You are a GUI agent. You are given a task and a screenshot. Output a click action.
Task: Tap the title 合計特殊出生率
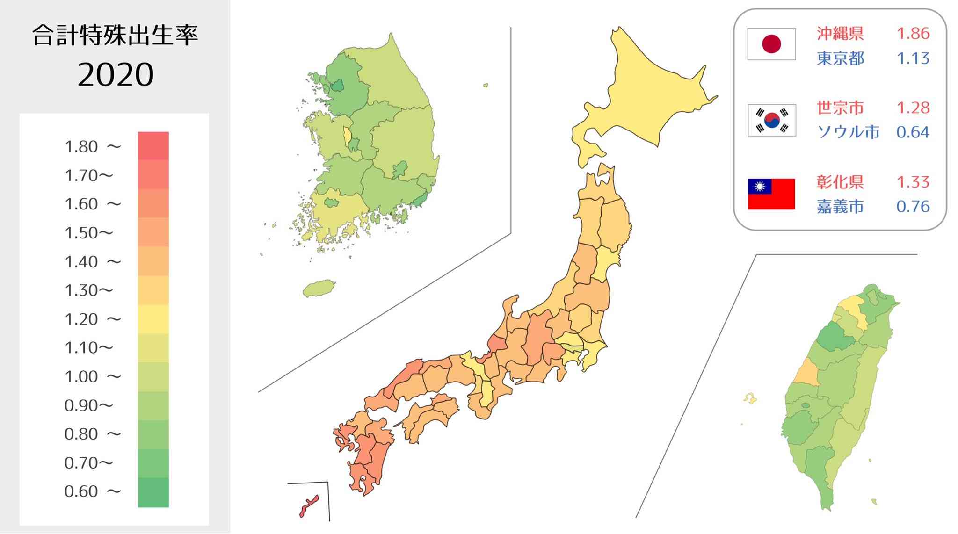pyautogui.click(x=115, y=36)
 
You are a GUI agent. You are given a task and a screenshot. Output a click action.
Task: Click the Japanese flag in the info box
pyautogui.click(x=771, y=44)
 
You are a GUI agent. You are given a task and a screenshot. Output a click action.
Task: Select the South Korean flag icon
pyautogui.click(x=772, y=120)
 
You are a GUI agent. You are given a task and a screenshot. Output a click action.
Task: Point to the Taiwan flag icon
pyautogui.click(x=771, y=194)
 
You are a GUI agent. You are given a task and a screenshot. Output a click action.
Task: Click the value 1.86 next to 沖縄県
pyautogui.click(x=913, y=34)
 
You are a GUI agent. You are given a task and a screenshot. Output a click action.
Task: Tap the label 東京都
pyautogui.click(x=840, y=58)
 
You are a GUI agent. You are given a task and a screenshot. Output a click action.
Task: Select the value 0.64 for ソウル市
pyautogui.click(x=913, y=132)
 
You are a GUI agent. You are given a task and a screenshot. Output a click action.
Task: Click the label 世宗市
pyautogui.click(x=840, y=108)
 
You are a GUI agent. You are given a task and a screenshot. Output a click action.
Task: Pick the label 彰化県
pyautogui.click(x=840, y=182)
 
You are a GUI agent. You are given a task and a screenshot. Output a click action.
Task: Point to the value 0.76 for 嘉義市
pyautogui.click(x=913, y=207)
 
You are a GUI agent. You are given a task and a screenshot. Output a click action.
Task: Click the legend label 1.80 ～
pyautogui.click(x=93, y=147)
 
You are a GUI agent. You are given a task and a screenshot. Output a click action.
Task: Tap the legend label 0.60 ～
pyautogui.click(x=93, y=491)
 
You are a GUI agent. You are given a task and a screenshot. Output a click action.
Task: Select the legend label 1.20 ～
pyautogui.click(x=93, y=319)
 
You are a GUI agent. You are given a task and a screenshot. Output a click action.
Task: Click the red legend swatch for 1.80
pyautogui.click(x=153, y=146)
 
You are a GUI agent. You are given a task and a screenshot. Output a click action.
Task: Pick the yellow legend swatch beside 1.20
pyautogui.click(x=153, y=319)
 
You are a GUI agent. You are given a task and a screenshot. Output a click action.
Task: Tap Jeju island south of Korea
pyautogui.click(x=319, y=289)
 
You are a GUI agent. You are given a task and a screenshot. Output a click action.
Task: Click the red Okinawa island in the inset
pyautogui.click(x=309, y=506)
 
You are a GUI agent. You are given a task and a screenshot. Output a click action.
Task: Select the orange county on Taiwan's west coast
pyautogui.click(x=806, y=373)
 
